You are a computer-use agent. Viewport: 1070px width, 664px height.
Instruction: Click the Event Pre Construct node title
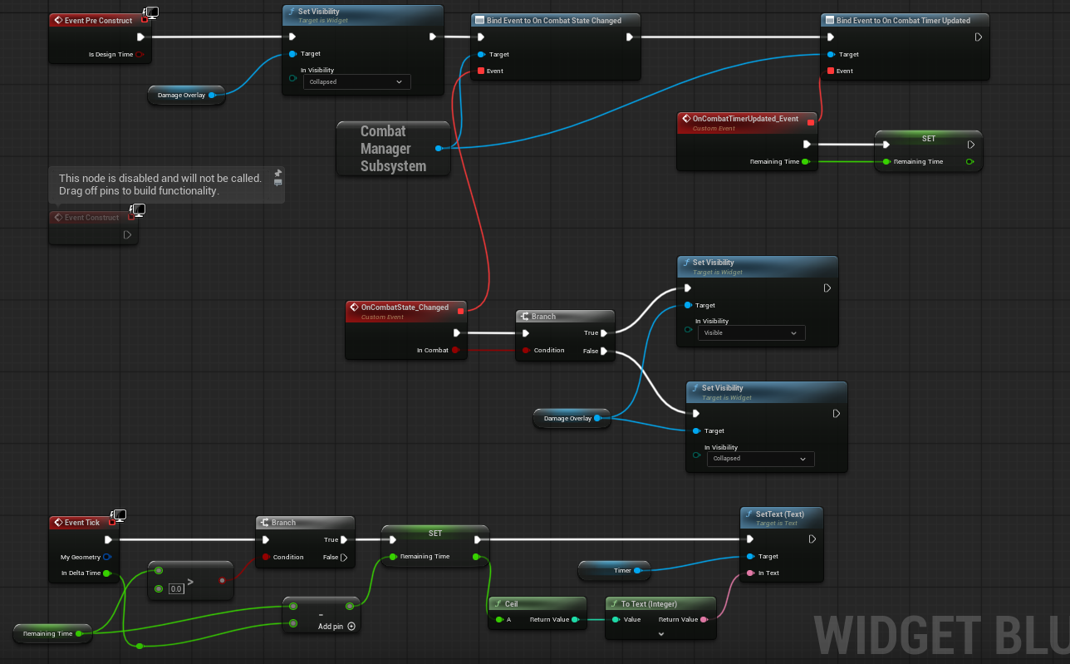(x=98, y=21)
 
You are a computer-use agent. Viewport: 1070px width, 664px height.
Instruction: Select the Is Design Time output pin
(x=140, y=55)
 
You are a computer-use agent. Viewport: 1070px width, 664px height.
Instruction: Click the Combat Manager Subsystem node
(x=393, y=149)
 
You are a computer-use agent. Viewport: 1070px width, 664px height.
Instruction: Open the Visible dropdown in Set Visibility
(x=751, y=333)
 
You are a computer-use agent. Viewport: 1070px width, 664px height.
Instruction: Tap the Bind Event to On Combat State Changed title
(x=553, y=21)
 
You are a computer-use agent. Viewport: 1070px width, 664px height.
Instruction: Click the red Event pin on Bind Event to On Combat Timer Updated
(x=831, y=71)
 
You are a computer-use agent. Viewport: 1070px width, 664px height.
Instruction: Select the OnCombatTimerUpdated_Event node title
(x=745, y=119)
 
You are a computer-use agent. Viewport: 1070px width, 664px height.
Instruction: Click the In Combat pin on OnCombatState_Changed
(x=456, y=350)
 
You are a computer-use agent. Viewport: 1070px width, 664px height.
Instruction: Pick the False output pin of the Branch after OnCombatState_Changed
(x=604, y=351)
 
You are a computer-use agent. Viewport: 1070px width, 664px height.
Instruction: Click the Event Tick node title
(x=82, y=523)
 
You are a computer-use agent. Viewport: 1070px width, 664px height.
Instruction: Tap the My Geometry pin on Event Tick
(x=107, y=557)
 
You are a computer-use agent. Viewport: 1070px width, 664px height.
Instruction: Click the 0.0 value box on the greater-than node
(x=176, y=589)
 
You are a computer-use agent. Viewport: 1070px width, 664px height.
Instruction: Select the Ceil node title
(x=511, y=604)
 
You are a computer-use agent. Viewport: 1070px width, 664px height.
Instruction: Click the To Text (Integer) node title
(x=649, y=604)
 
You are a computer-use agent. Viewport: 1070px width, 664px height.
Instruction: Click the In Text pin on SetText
(x=750, y=573)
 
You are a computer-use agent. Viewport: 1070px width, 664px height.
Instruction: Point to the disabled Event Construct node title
(x=91, y=218)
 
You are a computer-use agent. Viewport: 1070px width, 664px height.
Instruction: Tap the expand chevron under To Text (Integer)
(x=661, y=634)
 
